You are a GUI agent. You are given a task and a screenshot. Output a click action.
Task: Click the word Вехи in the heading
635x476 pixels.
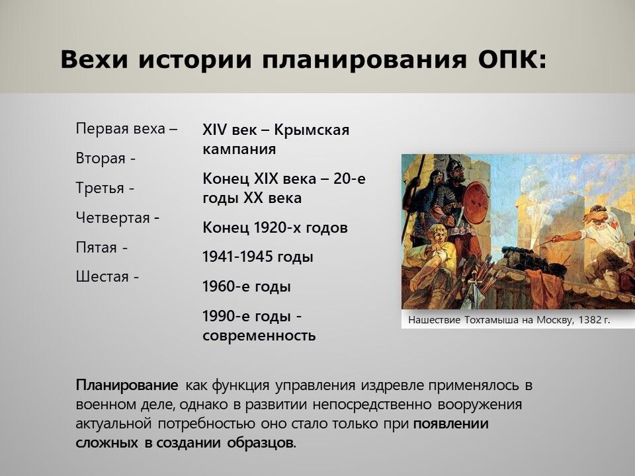[94, 59]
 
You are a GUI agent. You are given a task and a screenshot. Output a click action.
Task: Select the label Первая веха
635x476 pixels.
[120, 129]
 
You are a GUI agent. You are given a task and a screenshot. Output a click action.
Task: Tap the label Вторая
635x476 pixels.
[100, 158]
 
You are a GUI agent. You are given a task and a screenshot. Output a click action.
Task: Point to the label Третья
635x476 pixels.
[100, 188]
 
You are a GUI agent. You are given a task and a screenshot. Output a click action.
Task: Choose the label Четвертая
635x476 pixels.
[112, 218]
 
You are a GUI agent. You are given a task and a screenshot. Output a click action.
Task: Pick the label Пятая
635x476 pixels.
[96, 247]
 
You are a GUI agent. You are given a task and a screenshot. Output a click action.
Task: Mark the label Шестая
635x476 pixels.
[102, 277]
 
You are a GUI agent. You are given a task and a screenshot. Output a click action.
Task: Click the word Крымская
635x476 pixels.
[312, 130]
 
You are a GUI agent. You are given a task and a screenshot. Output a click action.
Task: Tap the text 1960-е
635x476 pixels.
[225, 286]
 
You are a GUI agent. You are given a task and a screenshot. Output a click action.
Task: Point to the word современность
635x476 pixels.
[259, 336]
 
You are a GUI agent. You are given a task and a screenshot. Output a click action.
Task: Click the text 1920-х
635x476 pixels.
[277, 227]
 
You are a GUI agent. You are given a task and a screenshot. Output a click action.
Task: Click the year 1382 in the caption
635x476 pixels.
[589, 320]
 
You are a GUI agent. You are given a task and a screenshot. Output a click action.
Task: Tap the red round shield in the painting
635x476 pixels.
[476, 203]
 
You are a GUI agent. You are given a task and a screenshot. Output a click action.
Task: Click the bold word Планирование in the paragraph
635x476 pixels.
[127, 385]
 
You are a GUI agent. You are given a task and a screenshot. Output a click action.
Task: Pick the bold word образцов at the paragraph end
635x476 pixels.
[262, 443]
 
